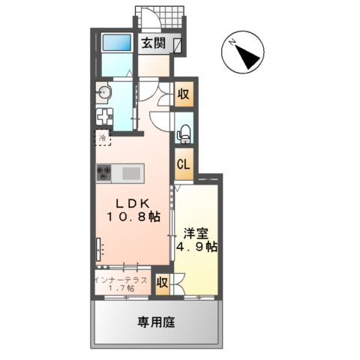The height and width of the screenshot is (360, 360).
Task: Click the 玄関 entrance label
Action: [x=154, y=44]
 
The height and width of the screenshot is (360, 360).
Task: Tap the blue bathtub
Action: [x=116, y=43]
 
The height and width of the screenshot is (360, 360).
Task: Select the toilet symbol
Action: [x=182, y=134]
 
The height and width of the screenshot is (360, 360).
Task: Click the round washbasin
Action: [x=103, y=93]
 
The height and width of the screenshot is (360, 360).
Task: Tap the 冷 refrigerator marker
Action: [x=102, y=138]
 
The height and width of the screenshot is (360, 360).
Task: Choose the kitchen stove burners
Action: [x=103, y=172]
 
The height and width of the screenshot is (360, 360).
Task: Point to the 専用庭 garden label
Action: [x=155, y=322]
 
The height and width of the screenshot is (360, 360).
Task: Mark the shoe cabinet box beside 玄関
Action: [x=178, y=45]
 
